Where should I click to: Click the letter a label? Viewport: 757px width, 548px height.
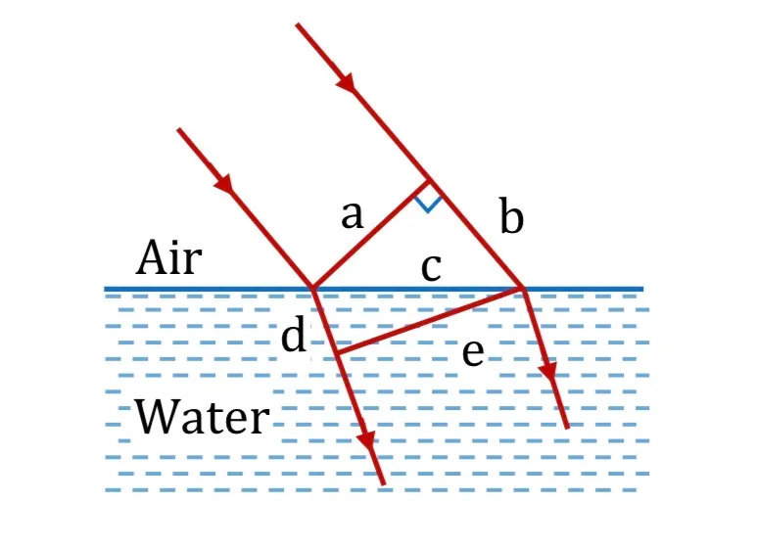click(352, 214)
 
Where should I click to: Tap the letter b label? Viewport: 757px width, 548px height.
click(511, 215)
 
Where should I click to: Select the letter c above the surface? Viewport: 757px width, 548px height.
click(431, 267)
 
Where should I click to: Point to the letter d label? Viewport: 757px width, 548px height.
click(294, 335)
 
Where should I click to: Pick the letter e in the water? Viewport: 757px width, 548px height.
click(473, 352)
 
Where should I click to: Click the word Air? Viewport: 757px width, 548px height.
click(168, 257)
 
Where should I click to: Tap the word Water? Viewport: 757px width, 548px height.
click(202, 416)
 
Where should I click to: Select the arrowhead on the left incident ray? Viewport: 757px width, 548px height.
click(224, 182)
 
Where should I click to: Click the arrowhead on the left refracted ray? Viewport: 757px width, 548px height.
click(367, 439)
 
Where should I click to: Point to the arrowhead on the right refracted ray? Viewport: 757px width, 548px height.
click(548, 370)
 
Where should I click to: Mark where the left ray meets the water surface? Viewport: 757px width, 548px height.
click(312, 289)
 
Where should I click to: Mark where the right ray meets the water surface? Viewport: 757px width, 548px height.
click(522, 289)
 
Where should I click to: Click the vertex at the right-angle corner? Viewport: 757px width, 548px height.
click(429, 181)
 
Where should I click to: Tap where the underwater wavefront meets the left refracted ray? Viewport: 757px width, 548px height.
click(336, 353)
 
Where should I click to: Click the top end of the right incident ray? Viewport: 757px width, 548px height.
click(298, 24)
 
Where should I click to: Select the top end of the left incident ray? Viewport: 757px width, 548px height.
click(178, 129)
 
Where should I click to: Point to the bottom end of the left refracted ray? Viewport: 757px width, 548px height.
click(384, 483)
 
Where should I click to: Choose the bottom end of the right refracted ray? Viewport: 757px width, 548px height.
click(568, 428)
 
